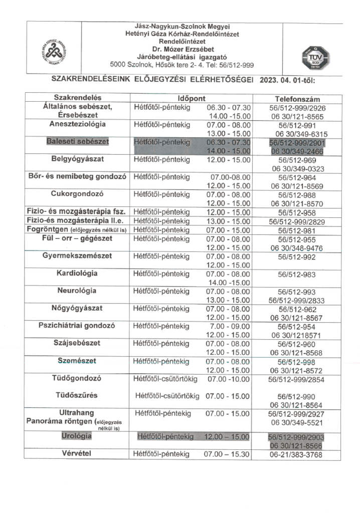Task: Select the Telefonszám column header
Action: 297,99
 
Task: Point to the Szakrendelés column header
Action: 78,98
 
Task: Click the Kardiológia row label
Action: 77,274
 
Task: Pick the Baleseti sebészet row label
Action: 77,142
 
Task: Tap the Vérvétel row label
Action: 77,453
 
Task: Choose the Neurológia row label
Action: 77,291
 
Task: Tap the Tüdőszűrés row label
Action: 77,395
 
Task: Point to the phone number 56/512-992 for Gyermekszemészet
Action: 297,256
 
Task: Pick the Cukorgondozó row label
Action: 77,193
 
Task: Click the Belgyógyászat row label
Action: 77,159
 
